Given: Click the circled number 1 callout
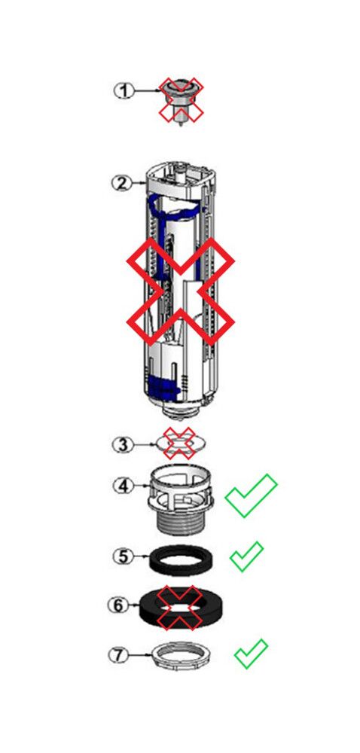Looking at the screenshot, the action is (x=124, y=91).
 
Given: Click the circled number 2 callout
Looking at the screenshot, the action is (x=121, y=183).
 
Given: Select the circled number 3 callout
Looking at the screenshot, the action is (x=123, y=445).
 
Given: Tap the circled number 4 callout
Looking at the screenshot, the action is (x=124, y=486).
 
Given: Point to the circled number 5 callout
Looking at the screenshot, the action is (x=124, y=556).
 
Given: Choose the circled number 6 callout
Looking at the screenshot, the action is (x=118, y=605).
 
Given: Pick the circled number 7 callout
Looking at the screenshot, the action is (x=119, y=654).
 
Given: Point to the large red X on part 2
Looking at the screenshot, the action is (x=181, y=291).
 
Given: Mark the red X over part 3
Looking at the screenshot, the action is (x=179, y=443).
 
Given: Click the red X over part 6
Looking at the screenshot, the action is (x=179, y=608).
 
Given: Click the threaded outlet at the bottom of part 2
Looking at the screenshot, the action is (x=181, y=409).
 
